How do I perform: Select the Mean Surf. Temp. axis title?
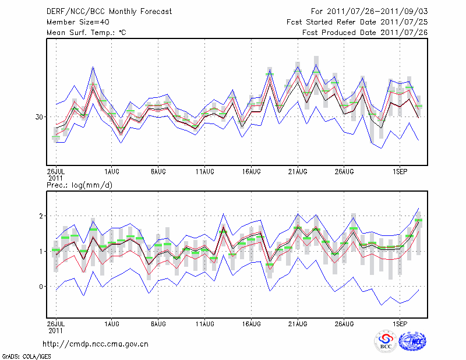[86, 33]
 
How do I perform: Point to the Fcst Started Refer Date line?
[358, 22]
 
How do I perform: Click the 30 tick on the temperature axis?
[40, 117]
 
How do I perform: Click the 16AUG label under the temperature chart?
[251, 172]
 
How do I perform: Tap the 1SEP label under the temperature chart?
[400, 172]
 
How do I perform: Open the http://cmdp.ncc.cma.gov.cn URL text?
[96, 344]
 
